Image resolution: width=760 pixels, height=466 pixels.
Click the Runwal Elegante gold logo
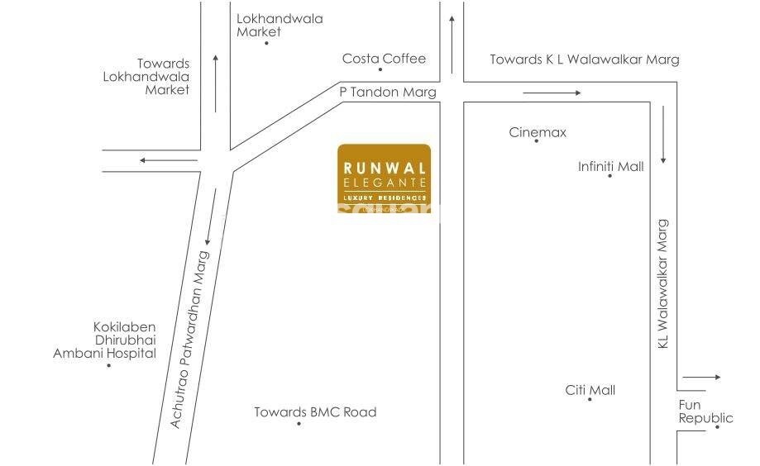384,178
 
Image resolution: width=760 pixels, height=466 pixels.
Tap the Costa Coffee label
384,59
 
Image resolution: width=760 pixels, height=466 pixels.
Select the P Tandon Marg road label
387,93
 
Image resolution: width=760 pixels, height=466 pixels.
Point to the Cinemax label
538,132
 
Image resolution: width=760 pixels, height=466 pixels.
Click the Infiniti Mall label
610,167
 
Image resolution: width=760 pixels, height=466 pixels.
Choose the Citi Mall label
590,390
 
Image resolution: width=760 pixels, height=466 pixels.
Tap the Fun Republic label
705,411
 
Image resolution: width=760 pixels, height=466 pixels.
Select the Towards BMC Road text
315,412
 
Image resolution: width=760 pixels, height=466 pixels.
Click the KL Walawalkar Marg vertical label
662,283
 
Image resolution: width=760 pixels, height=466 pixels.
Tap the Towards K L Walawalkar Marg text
584,59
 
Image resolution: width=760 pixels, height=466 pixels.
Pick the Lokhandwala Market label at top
268,25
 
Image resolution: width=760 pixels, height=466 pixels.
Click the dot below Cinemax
536,141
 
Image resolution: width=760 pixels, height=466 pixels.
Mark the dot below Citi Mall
590,400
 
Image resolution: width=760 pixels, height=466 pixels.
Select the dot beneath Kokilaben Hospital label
108,364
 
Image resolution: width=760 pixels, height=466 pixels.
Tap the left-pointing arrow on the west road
157,160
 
